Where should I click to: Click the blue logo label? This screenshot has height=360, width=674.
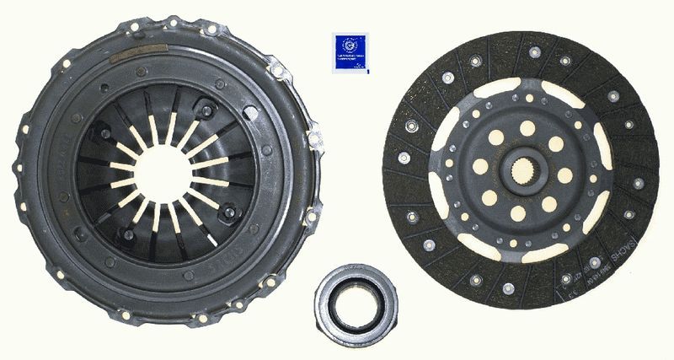(350, 52)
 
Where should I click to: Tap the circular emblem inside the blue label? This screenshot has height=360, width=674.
(350, 46)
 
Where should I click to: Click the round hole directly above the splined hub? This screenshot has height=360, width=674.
(527, 128)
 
